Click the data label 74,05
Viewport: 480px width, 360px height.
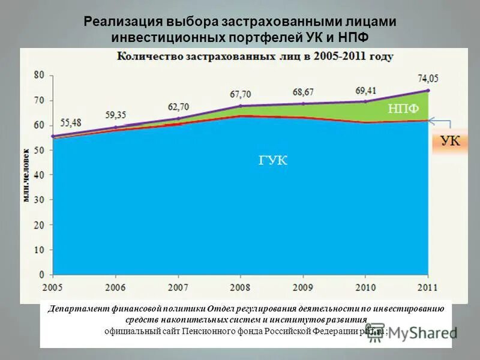coord(428,77)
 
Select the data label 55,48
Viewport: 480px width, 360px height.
coord(71,122)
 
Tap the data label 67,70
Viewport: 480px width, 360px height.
coord(240,94)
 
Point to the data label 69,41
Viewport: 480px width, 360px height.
coord(365,89)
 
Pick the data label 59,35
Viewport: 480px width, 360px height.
coord(116,114)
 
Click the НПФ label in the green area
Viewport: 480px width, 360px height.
coord(403,108)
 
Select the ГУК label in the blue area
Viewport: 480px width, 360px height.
coord(274,160)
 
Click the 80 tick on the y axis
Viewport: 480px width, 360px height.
coord(40,75)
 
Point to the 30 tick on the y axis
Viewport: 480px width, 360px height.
coord(40,200)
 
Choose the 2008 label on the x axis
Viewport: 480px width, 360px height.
coord(239,286)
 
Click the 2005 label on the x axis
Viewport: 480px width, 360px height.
coord(52,286)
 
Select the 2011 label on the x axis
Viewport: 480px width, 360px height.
coord(427,286)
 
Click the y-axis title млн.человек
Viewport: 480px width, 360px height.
coord(28,174)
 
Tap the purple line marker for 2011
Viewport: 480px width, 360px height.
coord(428,91)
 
